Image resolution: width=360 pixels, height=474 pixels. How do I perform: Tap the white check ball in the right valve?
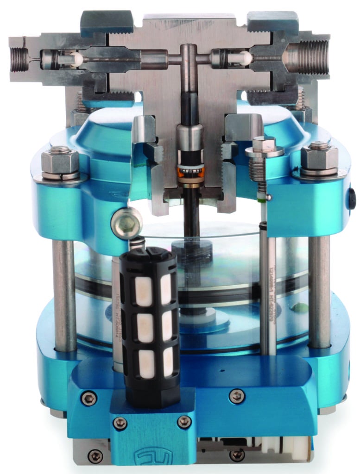pos(246,58)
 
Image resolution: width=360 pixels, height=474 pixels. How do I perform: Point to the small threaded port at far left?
pos(19,60)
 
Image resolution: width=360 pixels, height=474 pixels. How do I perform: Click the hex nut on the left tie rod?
pos(60,161)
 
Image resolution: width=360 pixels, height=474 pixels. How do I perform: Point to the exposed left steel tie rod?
pos(64,296)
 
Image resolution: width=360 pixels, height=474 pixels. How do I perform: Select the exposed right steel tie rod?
pos(319,292)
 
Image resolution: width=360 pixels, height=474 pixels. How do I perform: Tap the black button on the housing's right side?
pos(353,200)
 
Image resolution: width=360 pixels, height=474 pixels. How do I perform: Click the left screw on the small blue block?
pos(120,422)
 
